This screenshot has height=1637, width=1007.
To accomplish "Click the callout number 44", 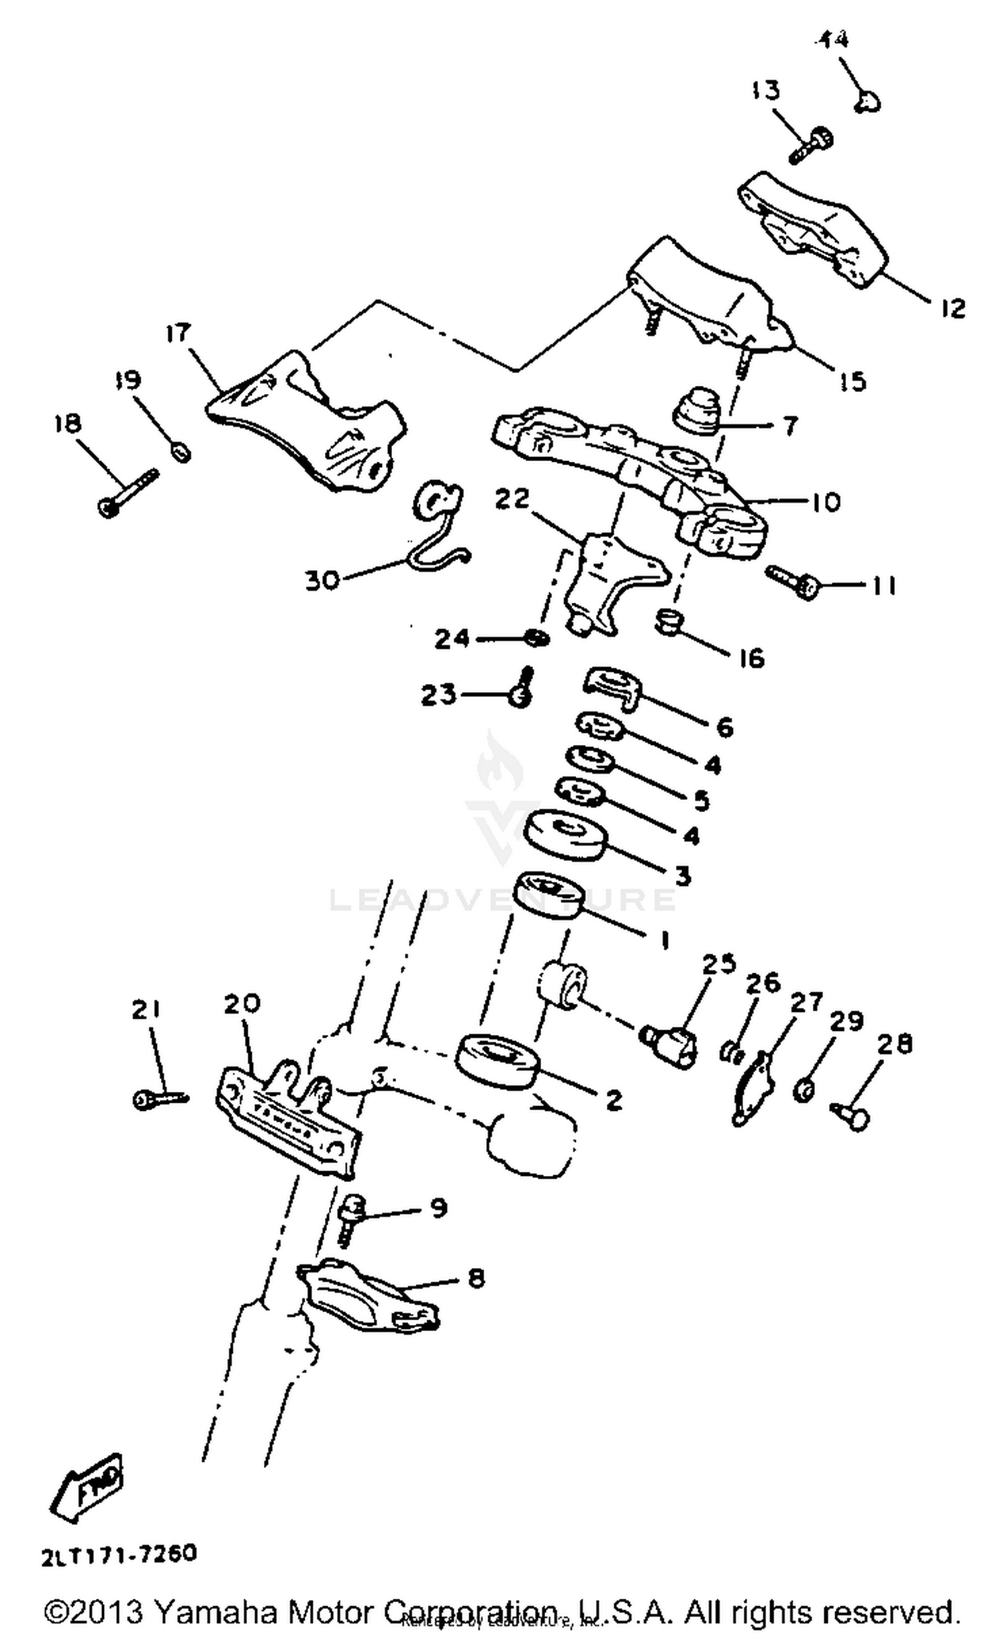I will pyautogui.click(x=832, y=40).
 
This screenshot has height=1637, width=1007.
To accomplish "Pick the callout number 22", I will pyautogui.click(x=512, y=498).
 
